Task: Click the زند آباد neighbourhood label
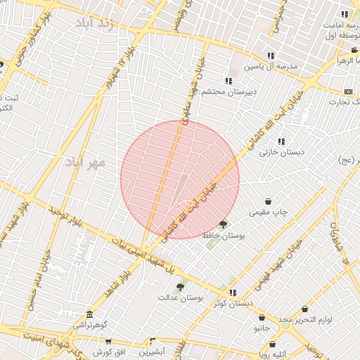pos(96,23)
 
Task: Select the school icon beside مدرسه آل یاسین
pos(271,56)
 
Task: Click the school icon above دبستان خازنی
pos(281,141)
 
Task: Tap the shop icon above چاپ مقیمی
pos(268,201)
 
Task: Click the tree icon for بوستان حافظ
pos(224,225)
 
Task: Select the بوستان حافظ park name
pos(223,236)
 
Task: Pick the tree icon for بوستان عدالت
pos(180,287)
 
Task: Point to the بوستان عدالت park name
pos(181,298)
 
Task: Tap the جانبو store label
pos(262,328)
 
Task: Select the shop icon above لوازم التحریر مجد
pos(304,309)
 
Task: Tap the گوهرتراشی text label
pos(91,326)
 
